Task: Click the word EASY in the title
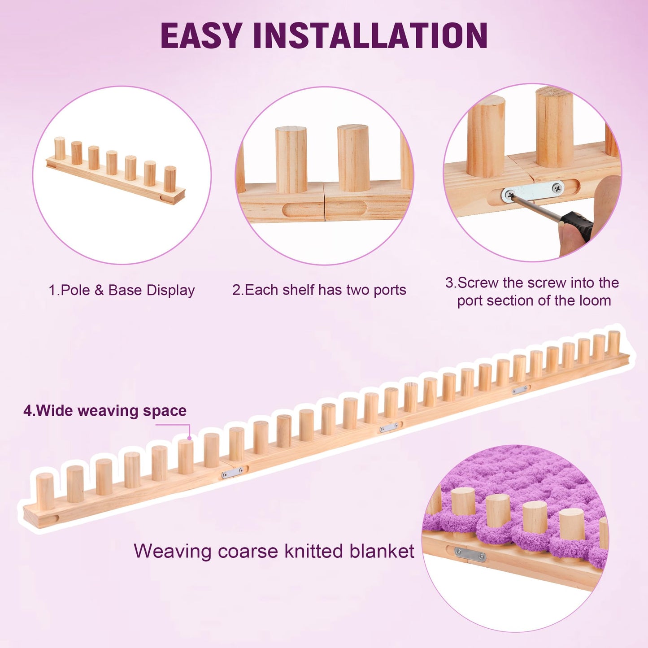point(201,35)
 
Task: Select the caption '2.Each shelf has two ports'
point(319,290)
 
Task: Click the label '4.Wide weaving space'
point(105,411)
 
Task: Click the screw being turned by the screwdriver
point(508,194)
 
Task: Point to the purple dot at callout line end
point(190,438)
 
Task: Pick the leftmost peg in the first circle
point(60,148)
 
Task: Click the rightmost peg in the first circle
point(170,179)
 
